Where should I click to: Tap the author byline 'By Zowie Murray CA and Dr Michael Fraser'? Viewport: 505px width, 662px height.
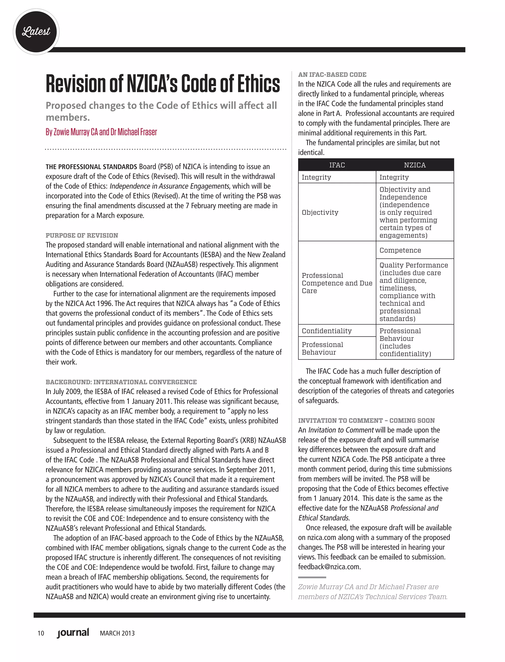click(x=101, y=132)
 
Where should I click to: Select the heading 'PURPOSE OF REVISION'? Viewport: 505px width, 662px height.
click(x=82, y=235)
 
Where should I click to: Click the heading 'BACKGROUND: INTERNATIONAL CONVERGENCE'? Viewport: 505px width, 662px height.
click(x=121, y=382)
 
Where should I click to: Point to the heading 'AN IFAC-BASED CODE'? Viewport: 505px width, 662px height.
click(x=332, y=75)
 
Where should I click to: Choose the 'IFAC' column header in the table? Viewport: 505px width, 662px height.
click(x=337, y=165)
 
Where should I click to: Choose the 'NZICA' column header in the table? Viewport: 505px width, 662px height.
click(x=415, y=165)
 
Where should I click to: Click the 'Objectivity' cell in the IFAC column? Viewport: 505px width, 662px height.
click(x=320, y=213)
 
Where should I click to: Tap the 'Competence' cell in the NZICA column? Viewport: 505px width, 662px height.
click(x=400, y=250)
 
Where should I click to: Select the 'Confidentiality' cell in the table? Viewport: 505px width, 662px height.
click(x=327, y=331)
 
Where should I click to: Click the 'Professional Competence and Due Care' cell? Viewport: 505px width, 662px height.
click(x=337, y=283)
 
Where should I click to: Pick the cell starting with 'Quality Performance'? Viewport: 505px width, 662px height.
click(x=414, y=292)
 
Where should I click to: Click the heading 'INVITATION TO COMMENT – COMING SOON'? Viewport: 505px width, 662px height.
click(x=366, y=420)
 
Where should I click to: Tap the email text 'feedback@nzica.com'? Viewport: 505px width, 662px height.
click(x=329, y=567)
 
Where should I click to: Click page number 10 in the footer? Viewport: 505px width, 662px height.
click(x=41, y=633)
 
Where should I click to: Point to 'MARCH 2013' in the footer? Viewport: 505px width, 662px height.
click(x=117, y=633)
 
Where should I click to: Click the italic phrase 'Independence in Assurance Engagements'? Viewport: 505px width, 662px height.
click(x=169, y=186)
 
